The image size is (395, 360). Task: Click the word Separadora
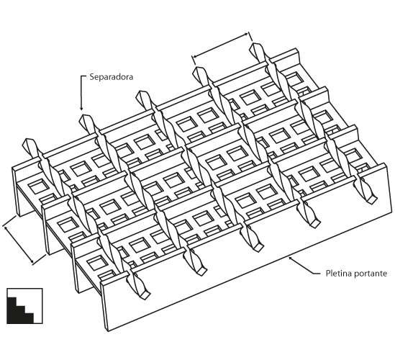tap(112, 77)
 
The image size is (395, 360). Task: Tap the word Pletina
tap(337, 274)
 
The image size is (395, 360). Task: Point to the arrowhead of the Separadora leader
tap(81, 109)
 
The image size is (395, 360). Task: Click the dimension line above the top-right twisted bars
tap(221, 45)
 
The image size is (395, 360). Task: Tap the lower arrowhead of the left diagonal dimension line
tap(32, 261)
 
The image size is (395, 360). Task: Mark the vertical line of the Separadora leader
tap(81, 92)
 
